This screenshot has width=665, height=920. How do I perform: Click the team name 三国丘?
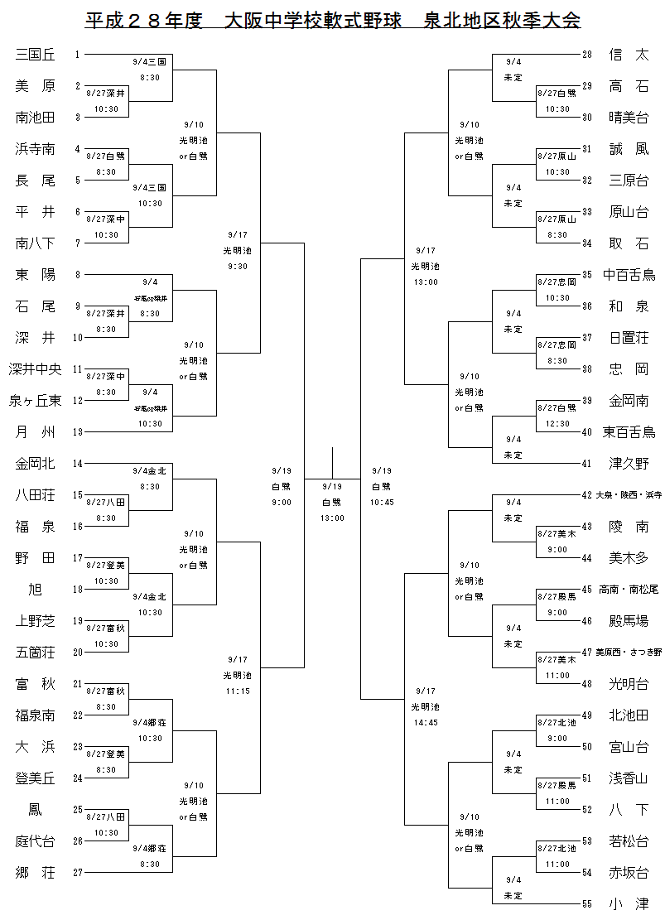tap(36, 55)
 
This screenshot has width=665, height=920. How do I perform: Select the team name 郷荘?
tap(36, 872)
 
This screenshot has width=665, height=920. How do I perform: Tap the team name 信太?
tap(629, 55)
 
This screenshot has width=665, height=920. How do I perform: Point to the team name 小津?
tap(629, 903)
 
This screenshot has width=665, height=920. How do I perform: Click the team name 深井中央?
tap(36, 369)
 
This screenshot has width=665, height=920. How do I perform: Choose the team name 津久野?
tap(629, 463)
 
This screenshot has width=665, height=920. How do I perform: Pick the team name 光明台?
tap(629, 683)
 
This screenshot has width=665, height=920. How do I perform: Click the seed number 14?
tap(78, 464)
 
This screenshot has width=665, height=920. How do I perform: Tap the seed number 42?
tap(587, 495)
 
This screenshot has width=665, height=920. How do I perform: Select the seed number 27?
tap(78, 873)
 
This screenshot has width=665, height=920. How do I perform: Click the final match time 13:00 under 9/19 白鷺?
tap(332, 518)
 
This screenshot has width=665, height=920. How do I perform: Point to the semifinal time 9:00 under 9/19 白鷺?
tap(282, 502)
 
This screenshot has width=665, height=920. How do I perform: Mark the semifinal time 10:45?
tap(382, 502)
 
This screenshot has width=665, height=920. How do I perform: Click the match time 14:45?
tap(426, 722)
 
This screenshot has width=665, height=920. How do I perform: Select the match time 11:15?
tap(237, 691)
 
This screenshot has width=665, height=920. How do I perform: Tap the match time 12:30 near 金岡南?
tap(557, 423)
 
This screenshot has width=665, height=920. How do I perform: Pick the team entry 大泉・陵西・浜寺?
tap(629, 495)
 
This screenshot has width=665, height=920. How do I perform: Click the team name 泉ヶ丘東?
tap(36, 401)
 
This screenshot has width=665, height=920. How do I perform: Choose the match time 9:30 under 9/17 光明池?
tap(237, 266)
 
